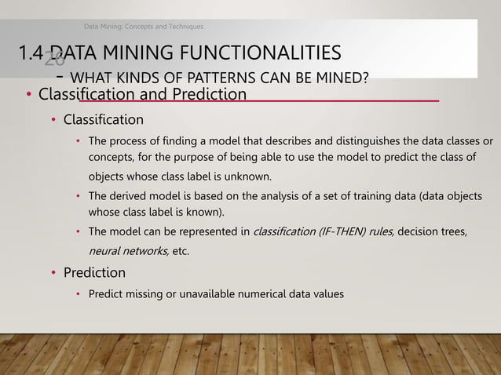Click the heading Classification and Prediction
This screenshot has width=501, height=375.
coord(142,95)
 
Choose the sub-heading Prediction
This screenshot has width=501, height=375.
coord(93,273)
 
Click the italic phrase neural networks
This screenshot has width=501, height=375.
coord(127,250)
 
